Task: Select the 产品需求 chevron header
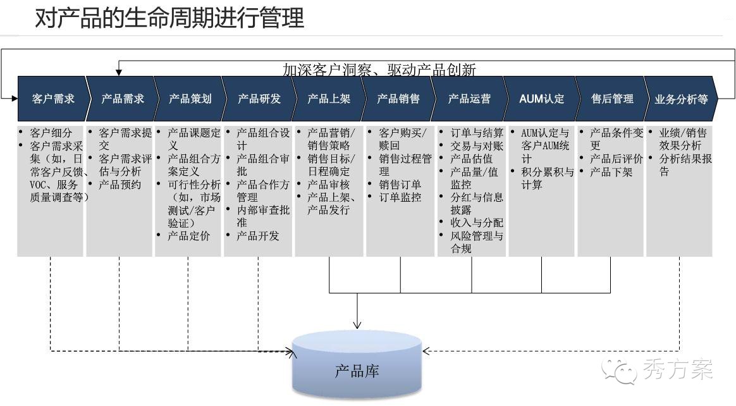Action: pos(122,99)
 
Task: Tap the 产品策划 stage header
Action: pos(190,99)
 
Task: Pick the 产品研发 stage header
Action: pos(259,99)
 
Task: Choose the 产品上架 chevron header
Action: pos(328,99)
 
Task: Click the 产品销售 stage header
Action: pos(398,99)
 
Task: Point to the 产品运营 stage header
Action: pos(469,99)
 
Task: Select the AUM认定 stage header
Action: pos(541,99)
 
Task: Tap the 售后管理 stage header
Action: pos(611,99)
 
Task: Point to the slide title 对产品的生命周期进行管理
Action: pos(169,18)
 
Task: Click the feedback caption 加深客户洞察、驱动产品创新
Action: pos(379,69)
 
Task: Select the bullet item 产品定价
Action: pos(188,236)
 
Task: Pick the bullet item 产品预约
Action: pos(120,185)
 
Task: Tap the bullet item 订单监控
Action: pos(399,197)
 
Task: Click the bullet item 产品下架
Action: pos(611,171)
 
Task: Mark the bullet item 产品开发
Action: pos(257,236)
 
